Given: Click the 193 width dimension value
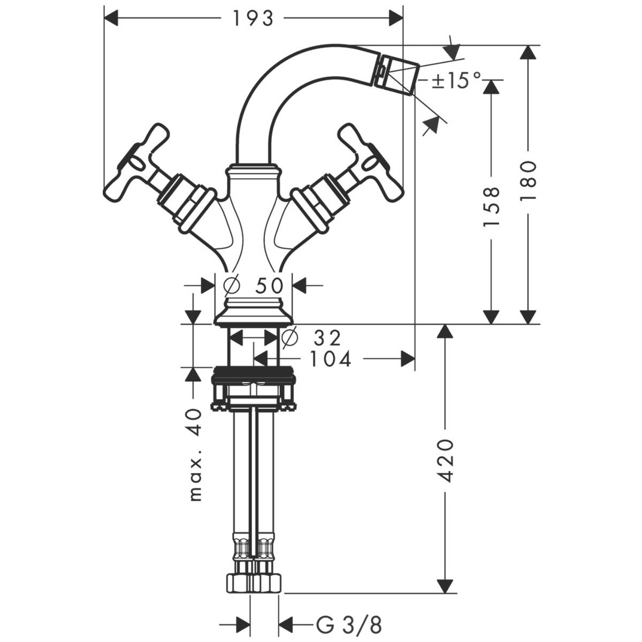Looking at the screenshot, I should tap(253, 19).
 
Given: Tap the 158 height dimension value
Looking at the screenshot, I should tap(491, 206).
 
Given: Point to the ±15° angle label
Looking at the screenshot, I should tap(456, 81).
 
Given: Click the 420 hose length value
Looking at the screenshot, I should tap(446, 461).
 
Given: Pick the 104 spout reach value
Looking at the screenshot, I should tap(330, 360).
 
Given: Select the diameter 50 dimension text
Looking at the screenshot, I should tap(253, 286).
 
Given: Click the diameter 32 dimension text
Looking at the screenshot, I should tap(312, 338).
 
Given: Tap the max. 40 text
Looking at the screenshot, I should tap(196, 455).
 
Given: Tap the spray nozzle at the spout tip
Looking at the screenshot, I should tap(398, 76).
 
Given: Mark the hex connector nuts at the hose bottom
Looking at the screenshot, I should tap(254, 582).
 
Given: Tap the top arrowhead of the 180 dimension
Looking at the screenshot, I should tap(528, 53).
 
